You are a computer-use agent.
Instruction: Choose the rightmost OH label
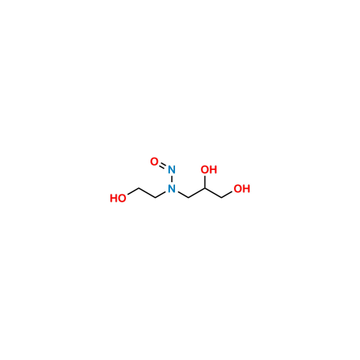(242, 189)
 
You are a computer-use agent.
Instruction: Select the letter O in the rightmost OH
(238, 189)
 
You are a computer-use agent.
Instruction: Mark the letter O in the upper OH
(204, 171)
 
